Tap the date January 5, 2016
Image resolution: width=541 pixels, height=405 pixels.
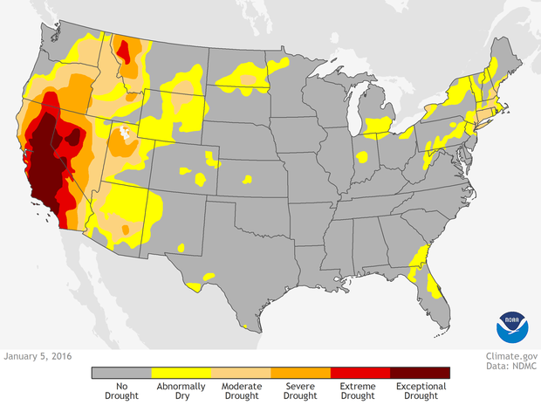(38, 356)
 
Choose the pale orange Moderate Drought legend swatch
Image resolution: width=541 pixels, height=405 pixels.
(241, 373)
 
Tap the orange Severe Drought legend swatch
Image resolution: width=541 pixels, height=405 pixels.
(301, 373)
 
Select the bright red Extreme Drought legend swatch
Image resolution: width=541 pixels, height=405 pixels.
(360, 373)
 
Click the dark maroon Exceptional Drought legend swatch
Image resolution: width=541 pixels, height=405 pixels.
(421, 373)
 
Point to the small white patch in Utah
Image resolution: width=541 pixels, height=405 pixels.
(127, 134)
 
